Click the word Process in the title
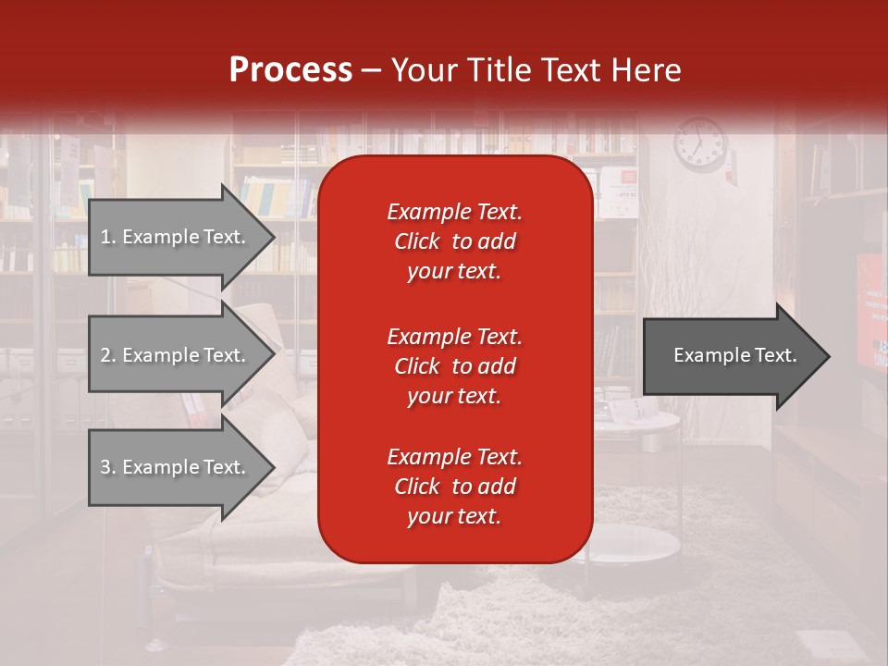pyautogui.click(x=290, y=70)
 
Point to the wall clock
pyautogui.click(x=700, y=144)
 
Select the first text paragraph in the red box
pyautogui.click(x=454, y=241)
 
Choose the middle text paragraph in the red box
pyautogui.click(x=454, y=366)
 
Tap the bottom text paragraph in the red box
pyautogui.click(x=454, y=487)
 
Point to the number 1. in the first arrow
pyautogui.click(x=108, y=237)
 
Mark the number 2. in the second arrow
pyautogui.click(x=108, y=355)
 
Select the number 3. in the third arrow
pyautogui.click(x=108, y=467)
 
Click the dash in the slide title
pyautogui.click(x=371, y=70)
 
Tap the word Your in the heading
pyautogui.click(x=422, y=70)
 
